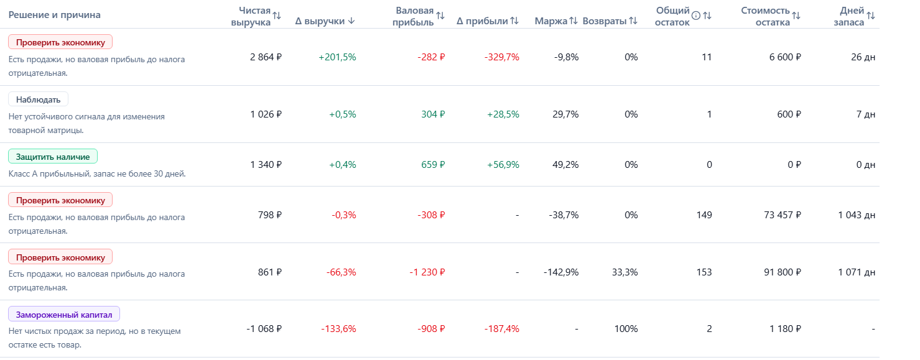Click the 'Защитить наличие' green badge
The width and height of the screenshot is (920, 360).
[53, 157]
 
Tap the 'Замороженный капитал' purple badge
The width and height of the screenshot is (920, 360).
[64, 315]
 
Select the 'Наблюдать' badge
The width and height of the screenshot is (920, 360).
[38, 99]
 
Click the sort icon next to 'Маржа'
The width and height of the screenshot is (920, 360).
[574, 21]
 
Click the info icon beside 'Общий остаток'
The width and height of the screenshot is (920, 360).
[695, 16]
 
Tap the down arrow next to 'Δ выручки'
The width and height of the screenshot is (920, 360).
[351, 21]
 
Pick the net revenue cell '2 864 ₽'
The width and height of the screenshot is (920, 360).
[266, 57]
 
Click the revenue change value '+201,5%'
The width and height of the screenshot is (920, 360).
[337, 57]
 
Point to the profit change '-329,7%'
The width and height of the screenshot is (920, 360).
[501, 57]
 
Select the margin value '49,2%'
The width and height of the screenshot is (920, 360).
[565, 165]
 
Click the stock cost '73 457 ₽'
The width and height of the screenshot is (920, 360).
[783, 215]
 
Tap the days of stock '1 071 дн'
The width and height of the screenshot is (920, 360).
[857, 272]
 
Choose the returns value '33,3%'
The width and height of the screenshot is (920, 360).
[625, 272]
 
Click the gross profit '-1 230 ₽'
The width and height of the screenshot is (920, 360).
[427, 272]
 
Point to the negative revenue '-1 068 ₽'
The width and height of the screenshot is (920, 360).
[264, 329]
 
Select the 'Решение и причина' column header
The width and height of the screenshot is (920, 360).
[54, 15]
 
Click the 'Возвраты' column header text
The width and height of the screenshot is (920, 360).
[605, 21]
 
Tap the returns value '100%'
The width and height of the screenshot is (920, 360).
[626, 329]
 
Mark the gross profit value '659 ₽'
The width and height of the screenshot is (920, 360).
[433, 165]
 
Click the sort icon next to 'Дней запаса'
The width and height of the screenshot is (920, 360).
[871, 16]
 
